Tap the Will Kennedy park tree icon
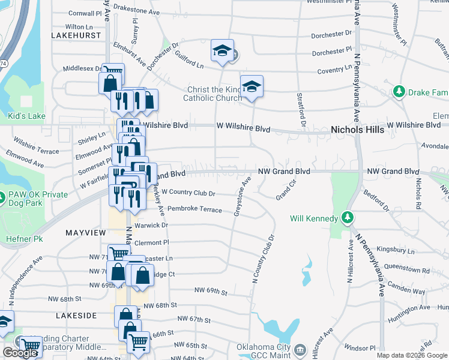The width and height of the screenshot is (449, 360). pos(347,218)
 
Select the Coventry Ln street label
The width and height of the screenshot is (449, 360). pos(334,71)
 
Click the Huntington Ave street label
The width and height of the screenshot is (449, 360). pos(408,308)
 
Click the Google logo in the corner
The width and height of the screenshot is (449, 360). pos(19,353)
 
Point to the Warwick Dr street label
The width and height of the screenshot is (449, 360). pos(151,225)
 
